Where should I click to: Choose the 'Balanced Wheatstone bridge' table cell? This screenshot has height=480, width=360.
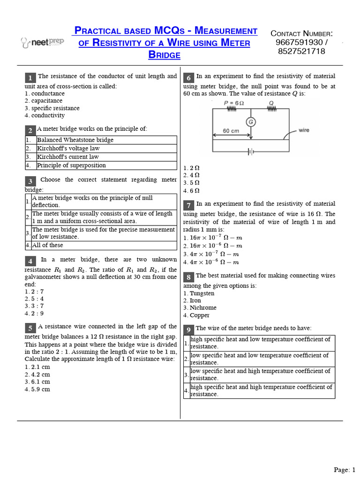pyautogui.click(x=75, y=140)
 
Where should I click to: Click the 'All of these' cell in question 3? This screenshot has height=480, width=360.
pyautogui.click(x=47, y=245)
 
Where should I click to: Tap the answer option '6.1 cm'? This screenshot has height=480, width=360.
pyautogui.click(x=37, y=382)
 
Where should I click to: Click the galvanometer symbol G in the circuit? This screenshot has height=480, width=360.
pyautogui.click(x=251, y=122)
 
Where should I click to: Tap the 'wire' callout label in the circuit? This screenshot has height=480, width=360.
pyautogui.click(x=304, y=130)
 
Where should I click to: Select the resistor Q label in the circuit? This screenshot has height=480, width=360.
pyautogui.click(x=271, y=103)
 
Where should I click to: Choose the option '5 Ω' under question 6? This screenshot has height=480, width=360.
pyautogui.click(x=192, y=183)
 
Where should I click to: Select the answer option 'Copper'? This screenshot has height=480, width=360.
pyautogui.click(x=197, y=315)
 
